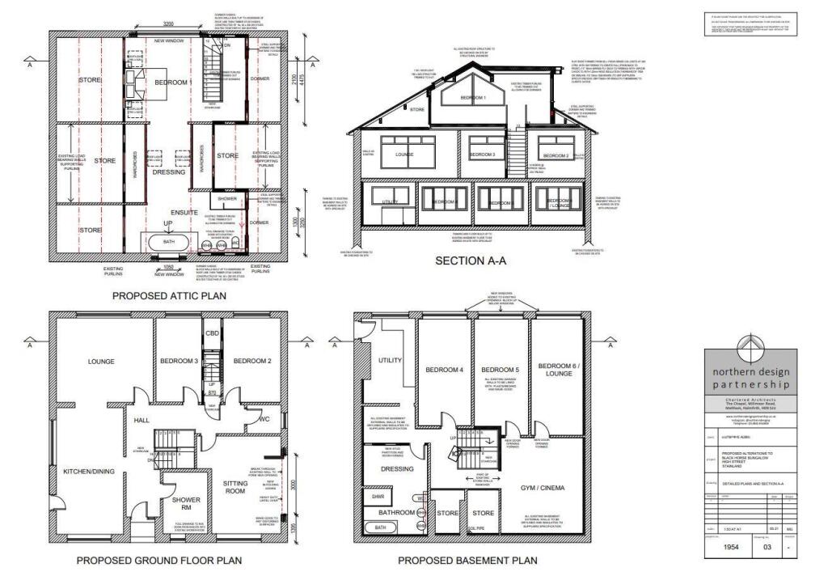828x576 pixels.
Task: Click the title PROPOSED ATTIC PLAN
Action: [x=169, y=296]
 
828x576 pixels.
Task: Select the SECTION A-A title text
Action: [x=471, y=261]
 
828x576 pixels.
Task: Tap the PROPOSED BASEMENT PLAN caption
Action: [x=467, y=560]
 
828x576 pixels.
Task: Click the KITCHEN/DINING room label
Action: [x=91, y=471]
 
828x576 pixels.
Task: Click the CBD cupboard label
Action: [x=213, y=332]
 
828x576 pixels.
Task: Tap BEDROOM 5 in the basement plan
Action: [x=500, y=370]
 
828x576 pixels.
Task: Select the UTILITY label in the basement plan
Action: [x=390, y=360]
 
